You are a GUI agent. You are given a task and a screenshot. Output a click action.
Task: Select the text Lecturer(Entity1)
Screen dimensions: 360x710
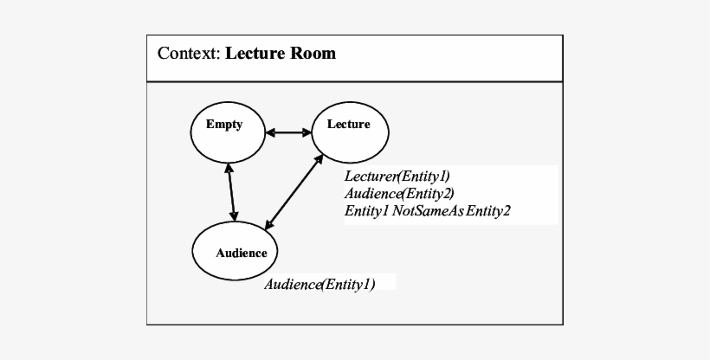(x=397, y=177)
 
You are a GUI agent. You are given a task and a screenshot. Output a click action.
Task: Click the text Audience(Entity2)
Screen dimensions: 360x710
(x=399, y=193)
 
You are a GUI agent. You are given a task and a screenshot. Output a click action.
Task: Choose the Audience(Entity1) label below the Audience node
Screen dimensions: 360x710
(x=319, y=284)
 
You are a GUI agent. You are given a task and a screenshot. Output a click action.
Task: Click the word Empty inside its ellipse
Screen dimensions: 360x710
(x=223, y=125)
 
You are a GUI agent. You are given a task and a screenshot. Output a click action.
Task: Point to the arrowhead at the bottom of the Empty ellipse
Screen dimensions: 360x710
(x=228, y=168)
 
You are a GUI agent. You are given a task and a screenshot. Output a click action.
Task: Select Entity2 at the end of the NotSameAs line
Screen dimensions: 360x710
(x=489, y=210)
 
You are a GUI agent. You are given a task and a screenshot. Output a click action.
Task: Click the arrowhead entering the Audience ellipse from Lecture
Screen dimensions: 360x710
(x=268, y=226)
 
